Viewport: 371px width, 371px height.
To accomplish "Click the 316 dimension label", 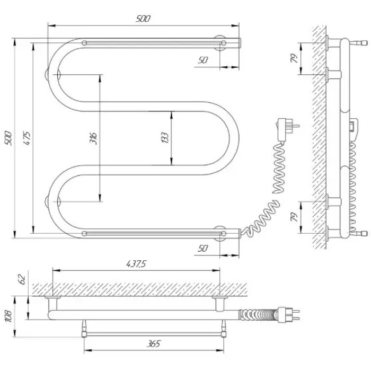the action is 93,138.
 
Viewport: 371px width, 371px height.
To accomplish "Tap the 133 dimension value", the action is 165,138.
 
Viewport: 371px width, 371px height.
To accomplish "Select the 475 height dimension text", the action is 26,138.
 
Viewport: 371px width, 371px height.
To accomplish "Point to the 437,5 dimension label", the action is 136,263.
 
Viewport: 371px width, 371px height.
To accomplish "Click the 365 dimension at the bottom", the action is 153,343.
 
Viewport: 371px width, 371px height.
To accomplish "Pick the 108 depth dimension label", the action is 9,316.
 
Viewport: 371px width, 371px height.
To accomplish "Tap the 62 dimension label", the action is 22,279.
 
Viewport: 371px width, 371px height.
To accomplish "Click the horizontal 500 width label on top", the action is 143,19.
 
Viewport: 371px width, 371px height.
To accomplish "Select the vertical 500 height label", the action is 8,138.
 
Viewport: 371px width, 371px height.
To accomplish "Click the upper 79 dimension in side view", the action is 294,58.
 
